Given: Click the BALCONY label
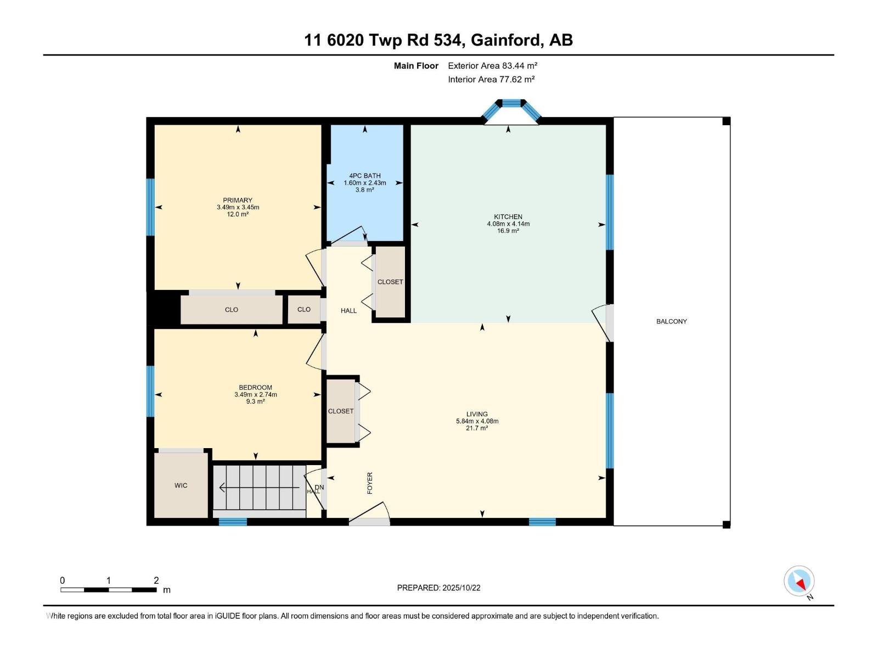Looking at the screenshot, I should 671,321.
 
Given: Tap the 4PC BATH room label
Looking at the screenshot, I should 365,176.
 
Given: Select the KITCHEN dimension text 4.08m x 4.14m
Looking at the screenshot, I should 508,224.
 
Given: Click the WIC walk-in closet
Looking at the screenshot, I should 181,485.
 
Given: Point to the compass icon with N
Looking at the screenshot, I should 799,582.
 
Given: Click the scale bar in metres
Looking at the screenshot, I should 109,590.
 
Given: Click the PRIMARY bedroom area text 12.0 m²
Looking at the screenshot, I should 238,214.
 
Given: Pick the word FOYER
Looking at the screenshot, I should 370,483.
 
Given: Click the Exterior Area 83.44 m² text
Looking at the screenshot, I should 492,65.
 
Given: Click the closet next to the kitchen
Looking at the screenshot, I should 390,282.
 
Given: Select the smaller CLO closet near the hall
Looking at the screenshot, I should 304,310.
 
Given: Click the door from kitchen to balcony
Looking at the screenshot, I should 603,323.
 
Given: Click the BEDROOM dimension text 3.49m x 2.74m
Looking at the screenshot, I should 255,394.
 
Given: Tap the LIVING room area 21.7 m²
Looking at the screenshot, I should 477,428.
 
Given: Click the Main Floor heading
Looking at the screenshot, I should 416,65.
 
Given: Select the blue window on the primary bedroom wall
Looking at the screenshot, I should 150,207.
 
